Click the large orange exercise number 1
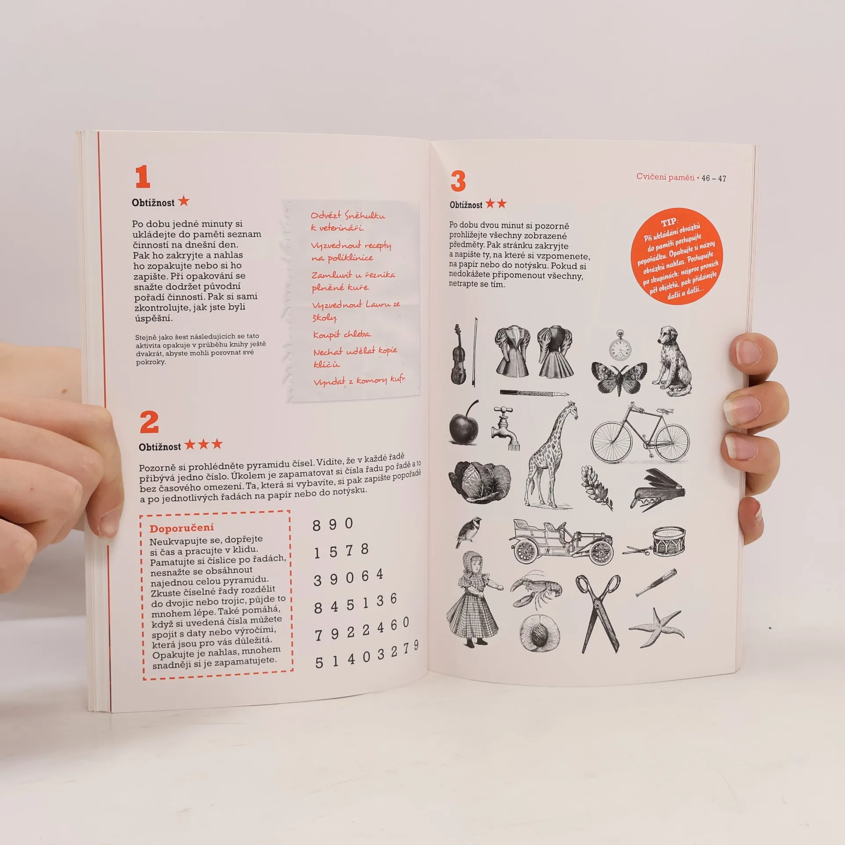click(143, 177)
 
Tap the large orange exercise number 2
click(149, 422)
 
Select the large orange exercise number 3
click(458, 181)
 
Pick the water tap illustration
click(505, 428)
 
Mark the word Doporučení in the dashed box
click(181, 528)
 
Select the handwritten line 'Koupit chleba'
click(342, 334)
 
